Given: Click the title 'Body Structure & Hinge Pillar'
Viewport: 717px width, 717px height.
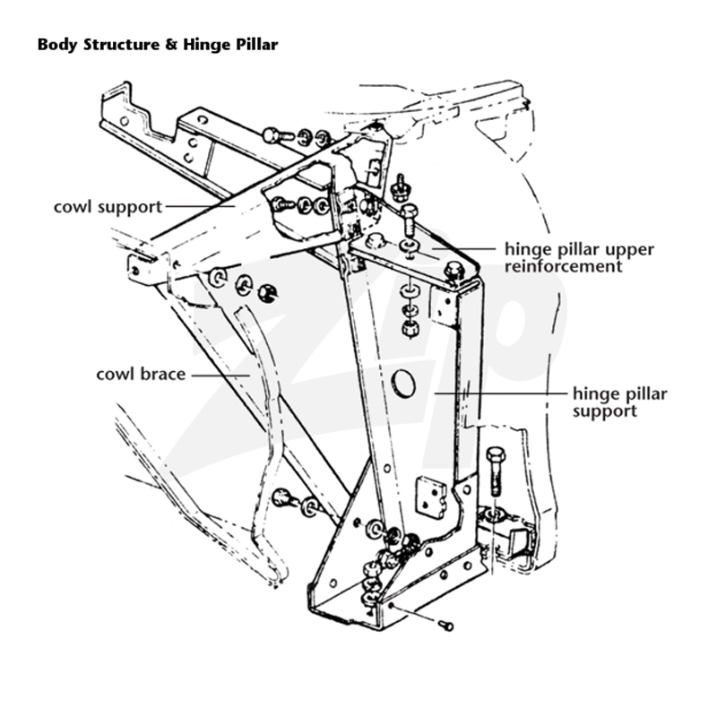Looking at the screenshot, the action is point(158,45).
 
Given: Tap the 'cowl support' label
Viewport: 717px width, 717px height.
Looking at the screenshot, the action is point(108,207).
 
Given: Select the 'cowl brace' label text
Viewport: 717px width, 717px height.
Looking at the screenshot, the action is point(141,374).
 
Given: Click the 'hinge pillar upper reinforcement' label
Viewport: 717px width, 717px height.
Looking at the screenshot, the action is point(579,258).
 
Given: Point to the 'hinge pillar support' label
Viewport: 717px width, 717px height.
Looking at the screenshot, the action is point(619,402).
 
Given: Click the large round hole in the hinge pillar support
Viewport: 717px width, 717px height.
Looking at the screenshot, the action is point(404,384).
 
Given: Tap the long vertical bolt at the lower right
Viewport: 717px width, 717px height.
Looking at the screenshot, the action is point(497,472).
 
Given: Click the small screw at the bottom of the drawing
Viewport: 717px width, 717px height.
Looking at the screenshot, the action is point(445,626).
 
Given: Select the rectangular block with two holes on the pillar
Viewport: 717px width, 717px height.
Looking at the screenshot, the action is point(433,498).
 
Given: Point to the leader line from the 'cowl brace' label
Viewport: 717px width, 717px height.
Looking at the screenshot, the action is point(220,376).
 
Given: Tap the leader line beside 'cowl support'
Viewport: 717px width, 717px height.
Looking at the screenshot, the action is point(200,207).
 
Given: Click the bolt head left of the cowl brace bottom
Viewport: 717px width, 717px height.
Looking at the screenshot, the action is point(281,497).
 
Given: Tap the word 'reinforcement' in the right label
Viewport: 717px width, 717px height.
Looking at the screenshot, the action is point(564,266).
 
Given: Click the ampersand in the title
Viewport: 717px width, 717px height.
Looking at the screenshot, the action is point(171,45).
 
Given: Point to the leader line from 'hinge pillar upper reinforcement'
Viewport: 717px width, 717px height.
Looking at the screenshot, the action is point(463,249).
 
